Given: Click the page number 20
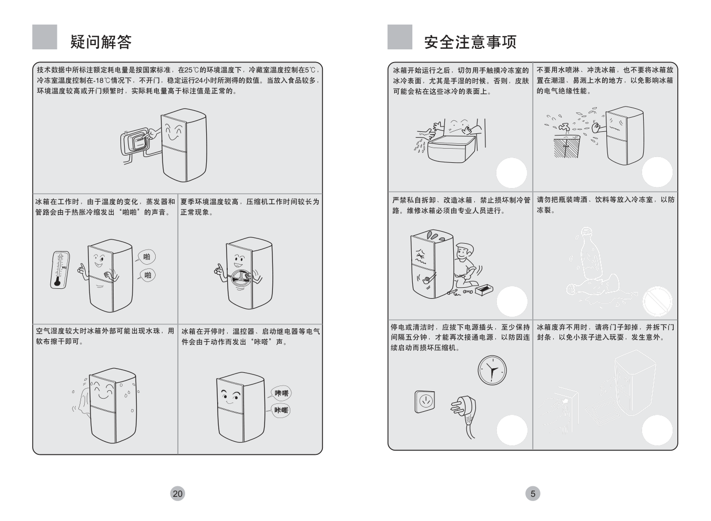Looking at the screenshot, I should [x=178, y=493].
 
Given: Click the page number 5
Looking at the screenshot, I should [x=533, y=493].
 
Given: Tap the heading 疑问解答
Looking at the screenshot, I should [x=101, y=41].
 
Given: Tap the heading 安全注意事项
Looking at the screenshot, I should [x=470, y=41].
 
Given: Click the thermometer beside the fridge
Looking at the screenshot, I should [x=59, y=269].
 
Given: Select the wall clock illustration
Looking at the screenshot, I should [x=492, y=370].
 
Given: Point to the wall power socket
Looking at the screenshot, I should [x=424, y=402].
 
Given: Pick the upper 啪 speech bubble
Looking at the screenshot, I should [x=147, y=257].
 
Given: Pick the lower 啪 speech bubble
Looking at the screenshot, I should [x=147, y=275].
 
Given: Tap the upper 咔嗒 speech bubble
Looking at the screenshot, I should [x=281, y=393].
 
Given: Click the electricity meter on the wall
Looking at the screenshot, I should [x=137, y=142].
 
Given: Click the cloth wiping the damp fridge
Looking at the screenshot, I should [x=82, y=401].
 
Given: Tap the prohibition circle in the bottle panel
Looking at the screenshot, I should [x=658, y=301].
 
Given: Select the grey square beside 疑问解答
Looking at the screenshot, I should [x=45, y=37].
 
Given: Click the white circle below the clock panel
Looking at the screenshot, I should [x=512, y=430].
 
